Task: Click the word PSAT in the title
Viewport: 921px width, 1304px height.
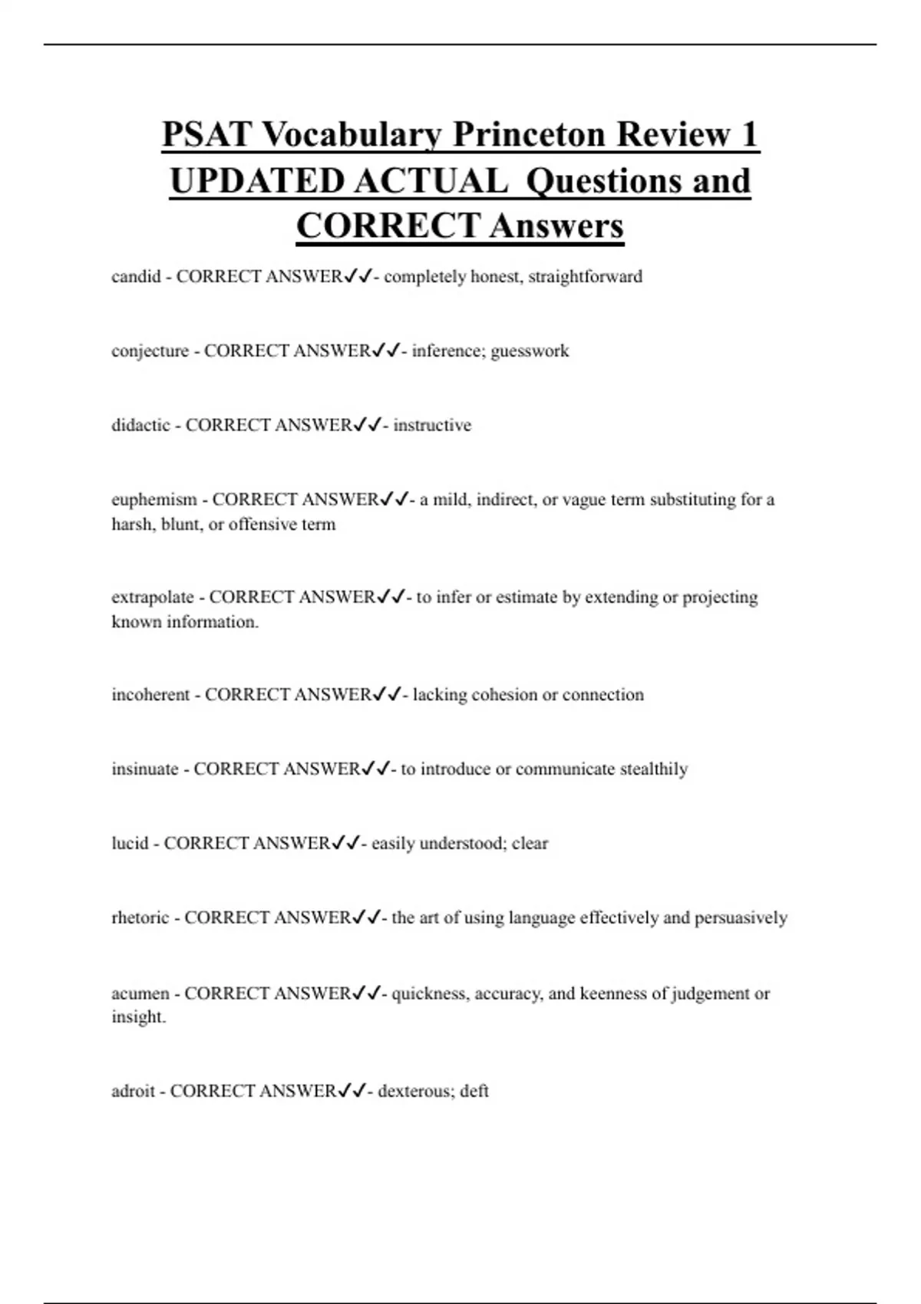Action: [206, 135]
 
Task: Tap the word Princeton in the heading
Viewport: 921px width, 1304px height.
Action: [529, 135]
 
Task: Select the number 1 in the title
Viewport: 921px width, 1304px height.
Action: [749, 135]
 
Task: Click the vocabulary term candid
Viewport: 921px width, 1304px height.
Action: [136, 276]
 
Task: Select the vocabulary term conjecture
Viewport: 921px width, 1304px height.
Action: [150, 351]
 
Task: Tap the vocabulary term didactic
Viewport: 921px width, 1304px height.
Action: [140, 425]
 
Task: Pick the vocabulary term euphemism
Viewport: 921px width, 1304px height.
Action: [154, 500]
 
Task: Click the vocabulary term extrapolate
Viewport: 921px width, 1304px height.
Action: [153, 597]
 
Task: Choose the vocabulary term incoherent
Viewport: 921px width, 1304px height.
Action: [150, 695]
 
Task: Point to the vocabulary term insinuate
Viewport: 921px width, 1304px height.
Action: [145, 769]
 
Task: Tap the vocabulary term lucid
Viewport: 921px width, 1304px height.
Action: [130, 844]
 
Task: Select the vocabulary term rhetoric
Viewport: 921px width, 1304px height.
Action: [140, 918]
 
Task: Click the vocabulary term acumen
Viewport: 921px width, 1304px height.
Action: [140, 993]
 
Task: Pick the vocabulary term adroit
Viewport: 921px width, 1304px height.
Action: [134, 1091]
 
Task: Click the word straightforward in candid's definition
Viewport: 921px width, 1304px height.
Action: [585, 276]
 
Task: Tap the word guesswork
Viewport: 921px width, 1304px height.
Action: [530, 351]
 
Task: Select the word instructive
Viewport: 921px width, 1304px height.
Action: [432, 425]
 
